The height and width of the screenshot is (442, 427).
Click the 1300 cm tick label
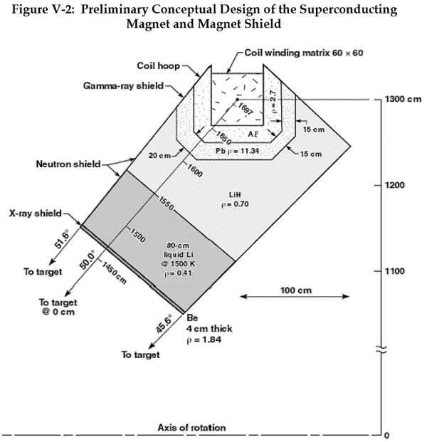click(403, 99)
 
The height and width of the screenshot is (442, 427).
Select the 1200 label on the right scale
click(394, 185)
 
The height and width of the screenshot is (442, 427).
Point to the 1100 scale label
click(394, 271)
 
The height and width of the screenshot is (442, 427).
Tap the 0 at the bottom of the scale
click(386, 436)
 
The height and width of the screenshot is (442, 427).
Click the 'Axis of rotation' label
click(191, 428)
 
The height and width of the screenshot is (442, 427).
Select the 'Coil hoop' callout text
click(159, 65)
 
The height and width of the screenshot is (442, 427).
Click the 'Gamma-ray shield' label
click(123, 85)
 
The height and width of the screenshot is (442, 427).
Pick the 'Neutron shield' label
click(68, 164)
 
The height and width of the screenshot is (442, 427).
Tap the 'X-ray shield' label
click(36, 213)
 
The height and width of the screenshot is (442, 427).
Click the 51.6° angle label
click(61, 240)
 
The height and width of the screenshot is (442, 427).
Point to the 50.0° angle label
click(87, 260)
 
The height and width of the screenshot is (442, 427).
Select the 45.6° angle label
click(164, 324)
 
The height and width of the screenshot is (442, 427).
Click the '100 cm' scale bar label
click(296, 290)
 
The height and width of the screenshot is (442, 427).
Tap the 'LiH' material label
click(235, 194)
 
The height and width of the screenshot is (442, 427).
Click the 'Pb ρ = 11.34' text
click(237, 151)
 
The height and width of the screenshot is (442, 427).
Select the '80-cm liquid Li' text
click(179, 250)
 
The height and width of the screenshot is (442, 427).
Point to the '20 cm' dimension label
click(159, 155)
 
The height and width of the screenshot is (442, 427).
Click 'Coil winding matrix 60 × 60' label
click(304, 53)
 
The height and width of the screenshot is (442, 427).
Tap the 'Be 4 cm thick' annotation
click(209, 323)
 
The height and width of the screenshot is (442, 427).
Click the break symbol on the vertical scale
click(381, 350)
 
